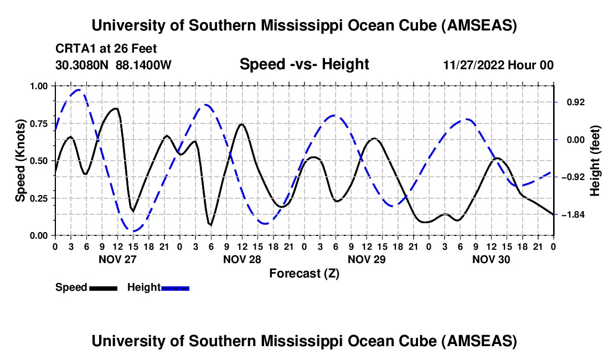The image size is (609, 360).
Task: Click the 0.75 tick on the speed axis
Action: point(39,124)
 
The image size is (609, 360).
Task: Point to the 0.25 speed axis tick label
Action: point(39,198)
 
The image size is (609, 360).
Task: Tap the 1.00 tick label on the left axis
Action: point(39,86)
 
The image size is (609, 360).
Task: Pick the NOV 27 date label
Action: point(117,259)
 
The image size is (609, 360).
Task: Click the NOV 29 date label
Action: point(366,259)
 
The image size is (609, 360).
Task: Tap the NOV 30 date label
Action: point(491,259)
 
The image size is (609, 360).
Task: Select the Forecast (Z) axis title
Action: point(304,273)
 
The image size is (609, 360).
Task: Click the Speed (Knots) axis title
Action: point(20,161)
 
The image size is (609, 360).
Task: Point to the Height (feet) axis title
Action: point(596,161)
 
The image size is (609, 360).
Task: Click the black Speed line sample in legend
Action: point(103,287)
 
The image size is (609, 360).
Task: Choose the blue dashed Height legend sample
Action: point(175,287)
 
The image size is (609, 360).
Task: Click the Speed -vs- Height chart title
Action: point(304,64)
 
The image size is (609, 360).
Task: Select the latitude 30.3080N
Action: point(82,65)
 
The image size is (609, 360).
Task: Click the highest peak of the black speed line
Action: point(116,108)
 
